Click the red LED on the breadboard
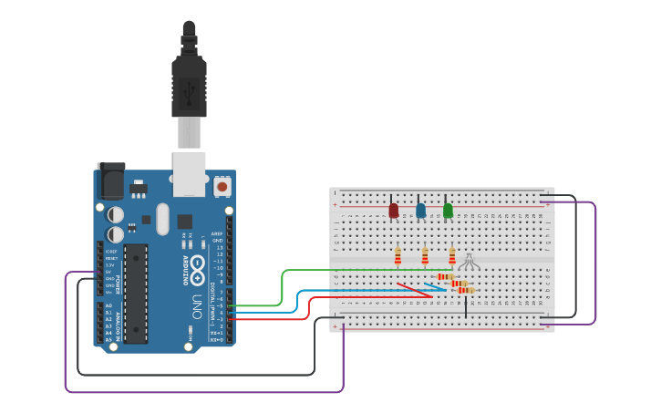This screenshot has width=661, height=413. tap(393, 211)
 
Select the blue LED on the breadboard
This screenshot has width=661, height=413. tap(420, 211)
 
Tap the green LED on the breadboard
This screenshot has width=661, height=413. tap(448, 211)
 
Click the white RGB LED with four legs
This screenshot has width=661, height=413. tap(469, 263)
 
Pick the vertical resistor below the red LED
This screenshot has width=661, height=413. tap(398, 256)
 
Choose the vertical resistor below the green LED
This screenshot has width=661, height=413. tap(451, 256)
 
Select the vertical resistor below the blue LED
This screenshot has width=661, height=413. tap(425, 256)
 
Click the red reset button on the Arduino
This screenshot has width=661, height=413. tap(222, 187)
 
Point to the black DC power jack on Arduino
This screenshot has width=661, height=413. tap(110, 181)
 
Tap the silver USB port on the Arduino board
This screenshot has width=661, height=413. tap(189, 173)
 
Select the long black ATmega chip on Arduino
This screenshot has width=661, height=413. tap(136, 293)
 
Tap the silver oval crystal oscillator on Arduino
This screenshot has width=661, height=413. tap(162, 219)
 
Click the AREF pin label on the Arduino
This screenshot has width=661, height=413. tap(217, 234)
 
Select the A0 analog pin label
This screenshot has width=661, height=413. tap(108, 306)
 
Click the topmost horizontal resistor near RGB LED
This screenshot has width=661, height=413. tap(445, 276)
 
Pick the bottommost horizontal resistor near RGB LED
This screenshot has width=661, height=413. tap(466, 290)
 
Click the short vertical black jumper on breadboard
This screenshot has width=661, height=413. tap(466, 306)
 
